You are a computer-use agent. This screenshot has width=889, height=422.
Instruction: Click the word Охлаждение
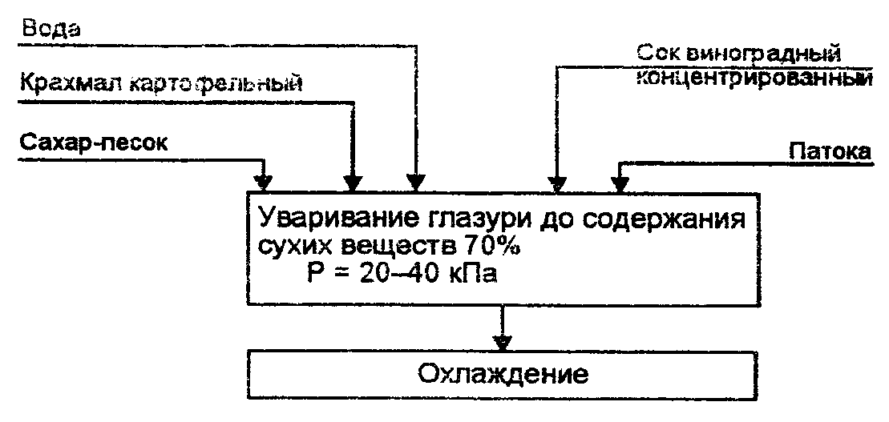tap(502, 373)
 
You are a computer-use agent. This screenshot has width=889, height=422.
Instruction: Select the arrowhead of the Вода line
tap(416, 180)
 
